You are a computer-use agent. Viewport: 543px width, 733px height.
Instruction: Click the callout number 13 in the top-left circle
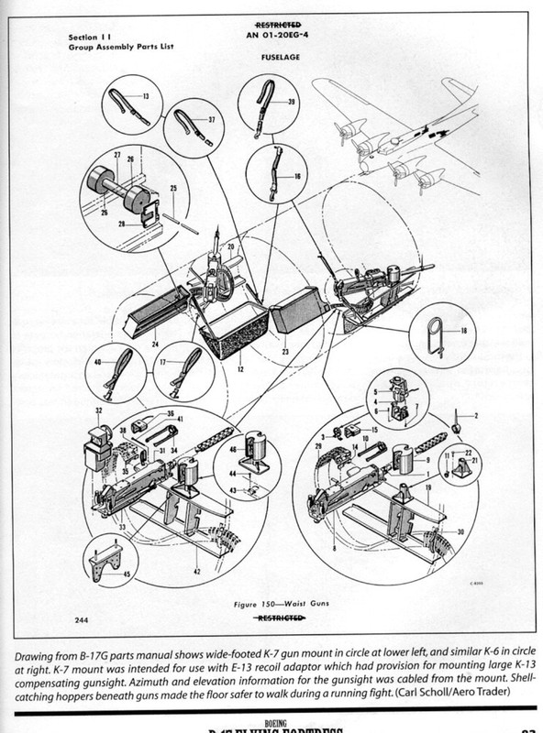[x=145, y=95]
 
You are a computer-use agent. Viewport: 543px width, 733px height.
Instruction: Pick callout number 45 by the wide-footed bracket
[x=127, y=574]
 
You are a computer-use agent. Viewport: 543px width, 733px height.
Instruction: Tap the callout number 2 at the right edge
[x=476, y=417]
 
